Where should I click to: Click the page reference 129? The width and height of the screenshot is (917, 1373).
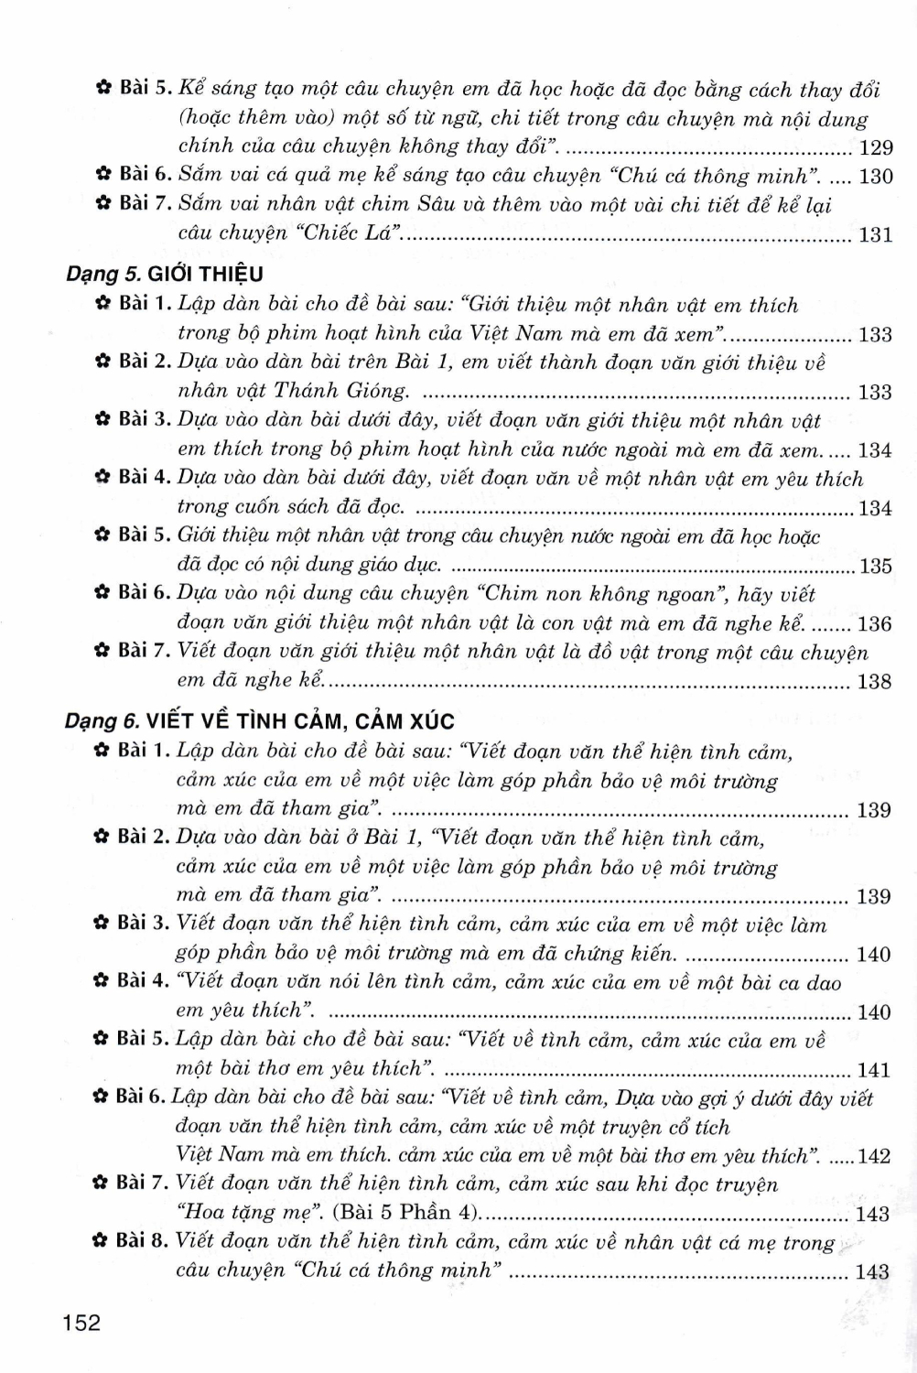pos(876,148)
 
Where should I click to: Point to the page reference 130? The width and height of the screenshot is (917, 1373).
pos(876,177)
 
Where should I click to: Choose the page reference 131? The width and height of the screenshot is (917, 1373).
pos(876,235)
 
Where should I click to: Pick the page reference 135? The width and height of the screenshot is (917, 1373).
pos(876,567)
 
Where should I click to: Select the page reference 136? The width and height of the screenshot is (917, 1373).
pos(875,624)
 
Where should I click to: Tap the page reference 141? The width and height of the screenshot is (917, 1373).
pos(874,1070)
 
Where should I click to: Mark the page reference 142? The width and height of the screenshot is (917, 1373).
pos(875,1156)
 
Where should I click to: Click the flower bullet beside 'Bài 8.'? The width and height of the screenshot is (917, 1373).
pos(102,1242)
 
